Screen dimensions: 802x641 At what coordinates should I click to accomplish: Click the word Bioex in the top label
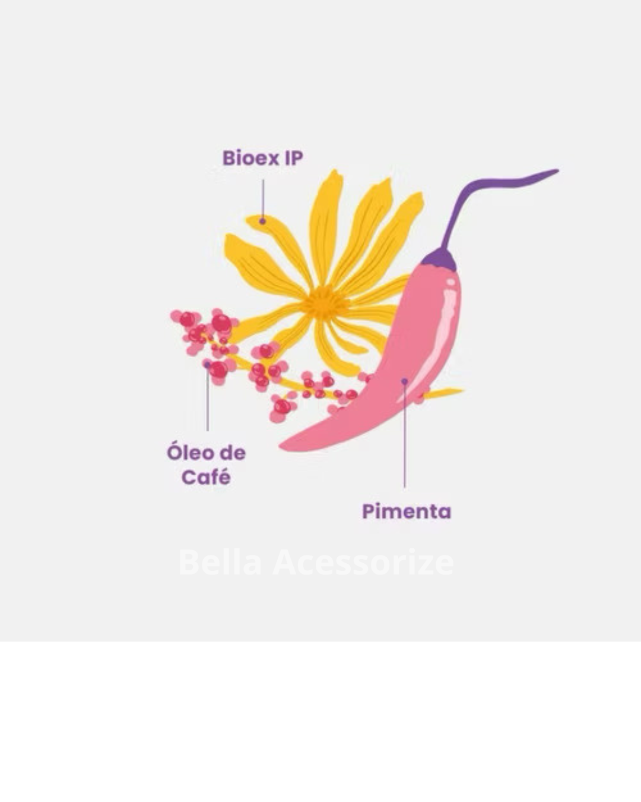click(250, 158)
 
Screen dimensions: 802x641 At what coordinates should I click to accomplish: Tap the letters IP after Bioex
click(293, 158)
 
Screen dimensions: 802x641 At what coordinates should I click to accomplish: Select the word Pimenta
click(407, 511)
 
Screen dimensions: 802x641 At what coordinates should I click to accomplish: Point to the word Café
click(206, 477)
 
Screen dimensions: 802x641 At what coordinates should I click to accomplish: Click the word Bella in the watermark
click(220, 562)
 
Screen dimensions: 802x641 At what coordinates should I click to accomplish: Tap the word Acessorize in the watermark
click(363, 562)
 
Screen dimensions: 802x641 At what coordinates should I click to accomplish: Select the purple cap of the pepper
click(440, 259)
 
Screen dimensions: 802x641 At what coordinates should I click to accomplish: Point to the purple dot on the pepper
click(404, 381)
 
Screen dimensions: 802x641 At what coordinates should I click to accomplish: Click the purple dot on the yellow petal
click(262, 221)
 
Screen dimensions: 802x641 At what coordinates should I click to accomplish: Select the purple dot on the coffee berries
click(207, 365)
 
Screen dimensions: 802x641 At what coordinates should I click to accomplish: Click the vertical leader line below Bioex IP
click(262, 199)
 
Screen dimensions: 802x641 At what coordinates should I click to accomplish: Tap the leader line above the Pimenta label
click(404, 440)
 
